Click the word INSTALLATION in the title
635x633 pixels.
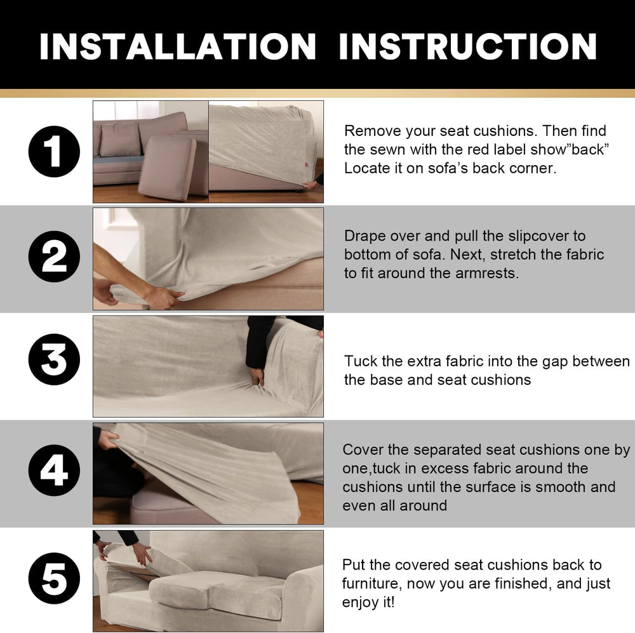tap(177, 46)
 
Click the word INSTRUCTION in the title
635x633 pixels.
tap(468, 46)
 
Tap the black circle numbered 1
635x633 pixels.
tap(54, 152)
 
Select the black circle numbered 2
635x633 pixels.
tap(54, 257)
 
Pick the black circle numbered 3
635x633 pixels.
tap(54, 359)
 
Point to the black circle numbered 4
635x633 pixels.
tap(54, 470)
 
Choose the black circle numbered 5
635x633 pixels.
tap(54, 578)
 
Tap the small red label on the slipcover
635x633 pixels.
tap(306, 164)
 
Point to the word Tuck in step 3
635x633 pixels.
tap(361, 361)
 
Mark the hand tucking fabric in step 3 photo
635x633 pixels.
tap(257, 376)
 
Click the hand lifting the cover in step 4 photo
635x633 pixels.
tap(108, 439)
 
